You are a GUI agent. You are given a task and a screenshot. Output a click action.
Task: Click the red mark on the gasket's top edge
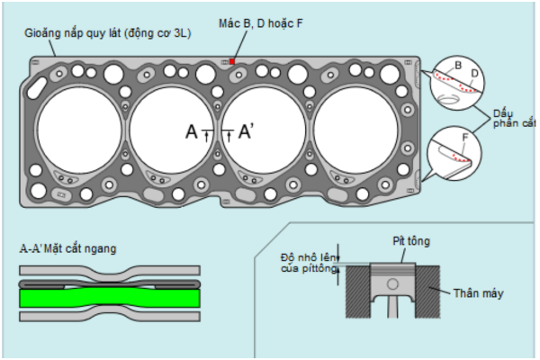[232, 61]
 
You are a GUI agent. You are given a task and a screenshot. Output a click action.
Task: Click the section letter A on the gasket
[192, 132]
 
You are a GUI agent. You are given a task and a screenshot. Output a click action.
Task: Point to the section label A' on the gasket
[246, 132]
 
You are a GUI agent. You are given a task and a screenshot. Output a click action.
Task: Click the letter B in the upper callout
[458, 67]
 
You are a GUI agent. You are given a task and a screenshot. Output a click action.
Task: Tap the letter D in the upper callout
[473, 72]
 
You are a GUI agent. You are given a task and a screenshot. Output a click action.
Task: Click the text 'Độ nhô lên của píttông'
[308, 263]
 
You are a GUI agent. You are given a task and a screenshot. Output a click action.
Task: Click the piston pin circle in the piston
[392, 283]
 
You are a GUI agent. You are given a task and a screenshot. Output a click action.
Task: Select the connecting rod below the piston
[392, 306]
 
